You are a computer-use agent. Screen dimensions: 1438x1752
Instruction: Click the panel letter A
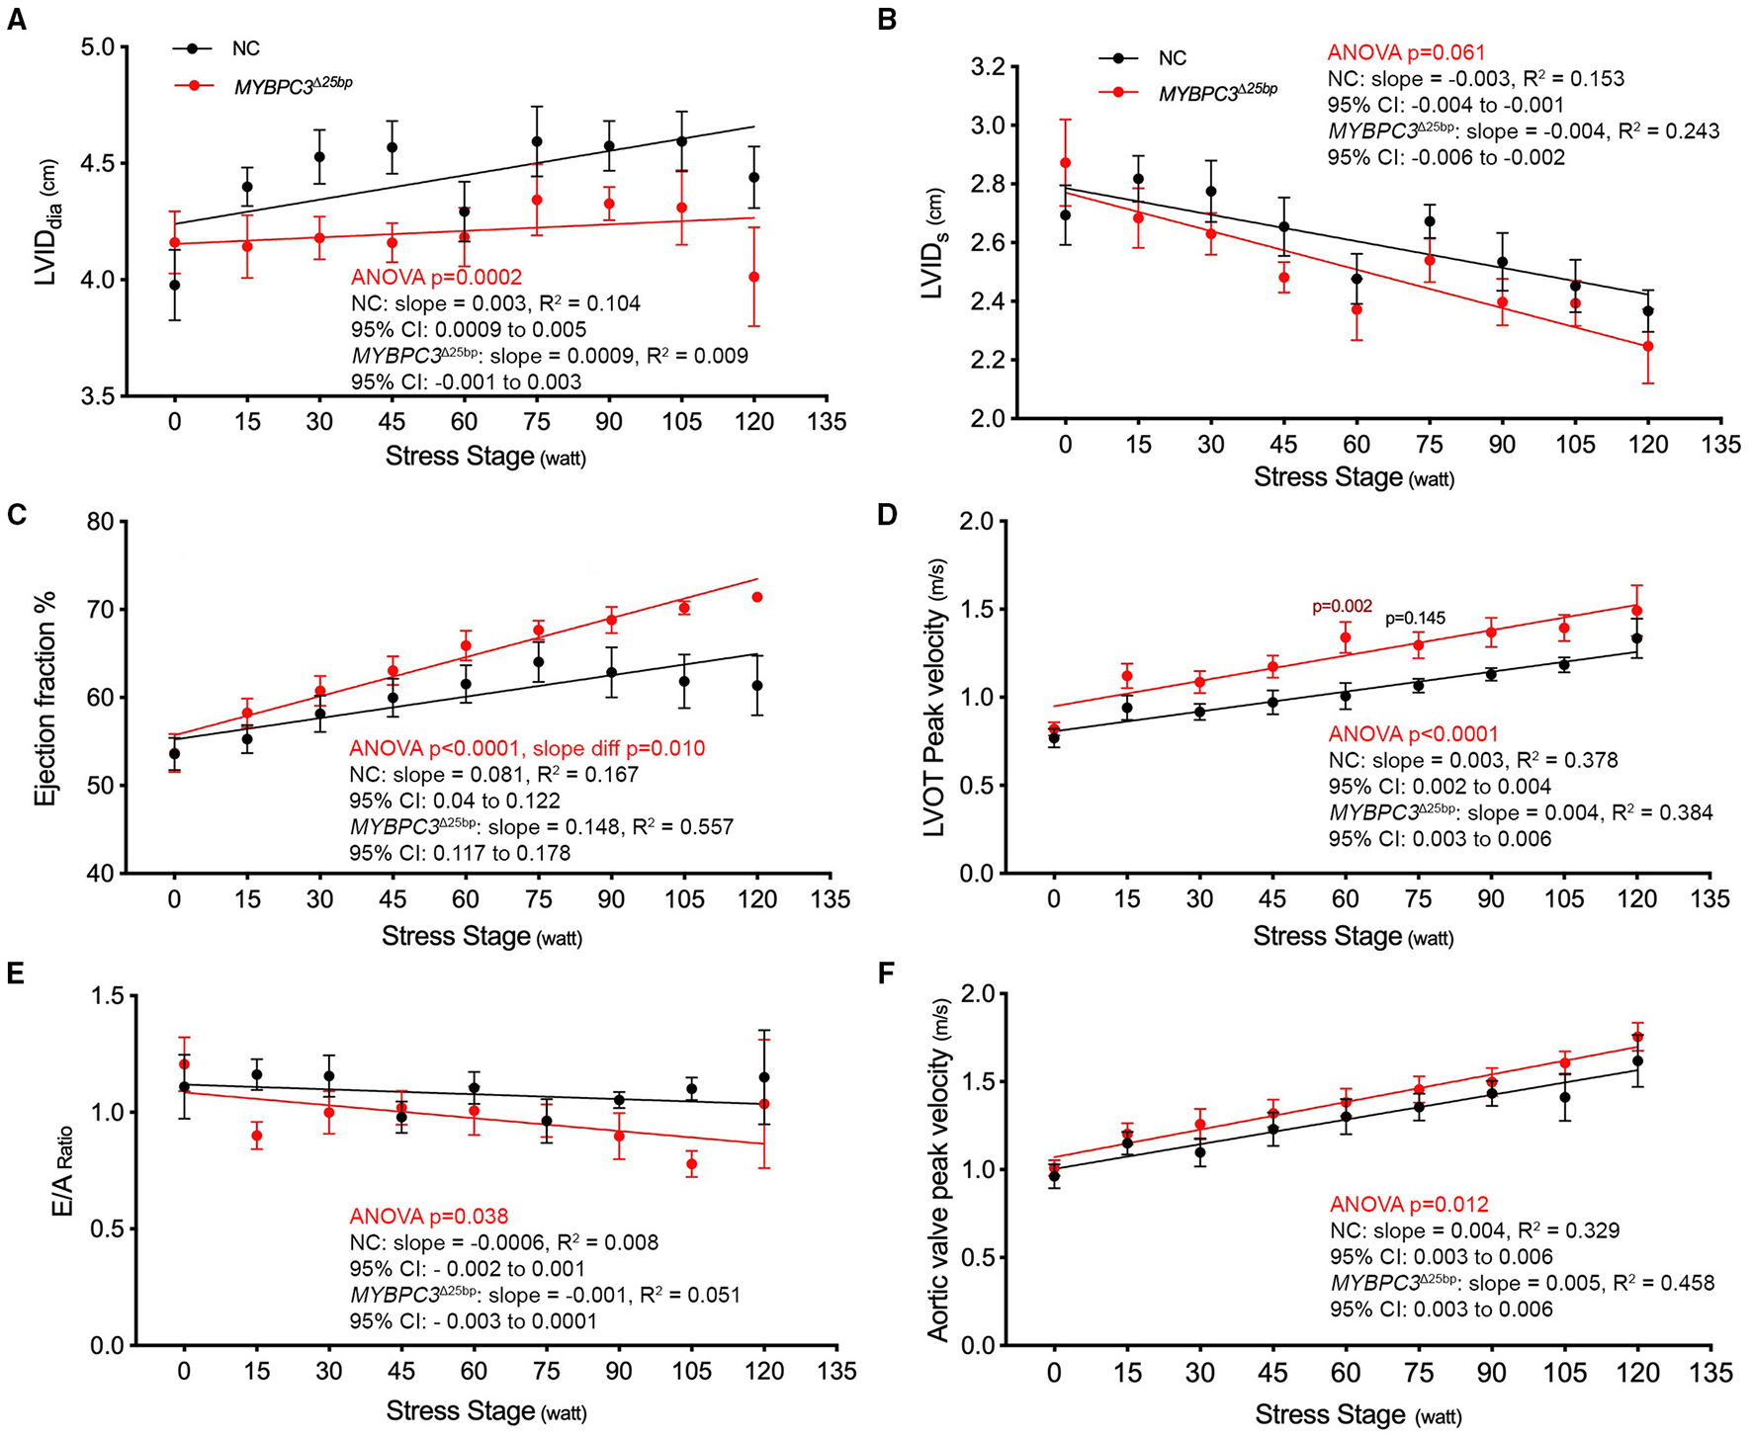tap(17, 20)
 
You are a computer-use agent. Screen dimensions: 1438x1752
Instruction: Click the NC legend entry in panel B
tap(1172, 58)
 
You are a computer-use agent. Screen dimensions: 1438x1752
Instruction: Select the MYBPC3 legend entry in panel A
tap(293, 86)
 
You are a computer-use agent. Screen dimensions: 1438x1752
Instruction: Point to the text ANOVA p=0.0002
tap(436, 278)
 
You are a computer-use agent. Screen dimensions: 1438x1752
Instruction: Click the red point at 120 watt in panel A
tap(754, 278)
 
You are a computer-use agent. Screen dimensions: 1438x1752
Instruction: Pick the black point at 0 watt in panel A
tap(175, 285)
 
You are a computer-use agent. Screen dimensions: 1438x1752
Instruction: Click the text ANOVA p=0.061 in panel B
tap(1406, 52)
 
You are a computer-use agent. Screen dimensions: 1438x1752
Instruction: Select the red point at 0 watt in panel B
tap(1065, 163)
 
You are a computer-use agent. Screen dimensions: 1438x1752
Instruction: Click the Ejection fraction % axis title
tap(45, 699)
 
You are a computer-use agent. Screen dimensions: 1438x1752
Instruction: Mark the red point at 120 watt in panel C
tap(758, 597)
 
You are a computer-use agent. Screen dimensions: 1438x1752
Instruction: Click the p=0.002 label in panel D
tap(1342, 607)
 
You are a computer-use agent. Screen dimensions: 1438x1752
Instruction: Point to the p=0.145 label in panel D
tap(1415, 619)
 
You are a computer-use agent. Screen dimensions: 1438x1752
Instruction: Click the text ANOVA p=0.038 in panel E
tap(429, 1217)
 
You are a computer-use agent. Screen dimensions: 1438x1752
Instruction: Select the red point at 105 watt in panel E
tap(692, 1164)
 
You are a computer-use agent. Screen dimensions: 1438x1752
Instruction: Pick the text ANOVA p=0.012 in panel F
tap(1409, 1205)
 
